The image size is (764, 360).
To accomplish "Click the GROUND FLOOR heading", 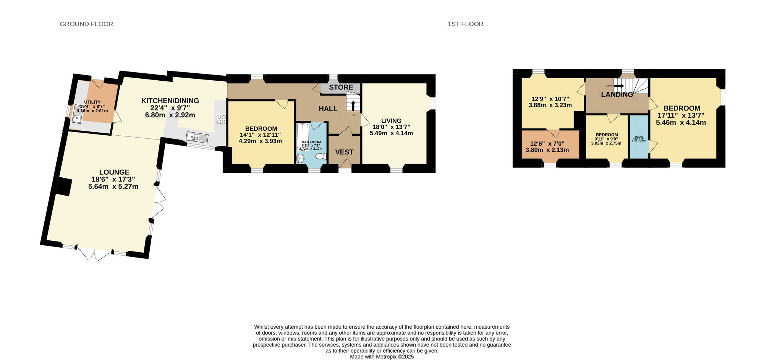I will [x=86, y=24].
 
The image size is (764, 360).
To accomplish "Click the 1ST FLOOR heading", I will [x=465, y=24].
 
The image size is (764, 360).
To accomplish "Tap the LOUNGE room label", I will [x=114, y=172].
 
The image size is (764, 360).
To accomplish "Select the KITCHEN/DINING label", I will [x=170, y=101].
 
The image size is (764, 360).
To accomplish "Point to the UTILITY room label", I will [x=92, y=102].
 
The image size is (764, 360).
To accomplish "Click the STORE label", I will [x=341, y=88].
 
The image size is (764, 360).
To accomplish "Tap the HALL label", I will [x=328, y=109].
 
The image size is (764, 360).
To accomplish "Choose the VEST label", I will [x=344, y=152].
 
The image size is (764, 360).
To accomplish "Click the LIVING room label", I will [x=391, y=121].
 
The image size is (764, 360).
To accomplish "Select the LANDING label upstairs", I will [x=617, y=94].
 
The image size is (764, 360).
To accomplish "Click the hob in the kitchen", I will [x=221, y=120].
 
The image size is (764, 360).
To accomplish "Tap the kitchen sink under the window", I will [x=197, y=137].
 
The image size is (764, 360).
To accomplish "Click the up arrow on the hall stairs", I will [x=353, y=105].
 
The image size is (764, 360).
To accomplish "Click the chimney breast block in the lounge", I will [x=64, y=187].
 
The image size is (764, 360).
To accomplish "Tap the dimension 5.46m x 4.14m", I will [x=681, y=123].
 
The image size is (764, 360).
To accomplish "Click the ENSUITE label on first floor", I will [x=639, y=137].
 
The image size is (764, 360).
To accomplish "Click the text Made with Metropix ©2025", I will [x=382, y=357].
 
